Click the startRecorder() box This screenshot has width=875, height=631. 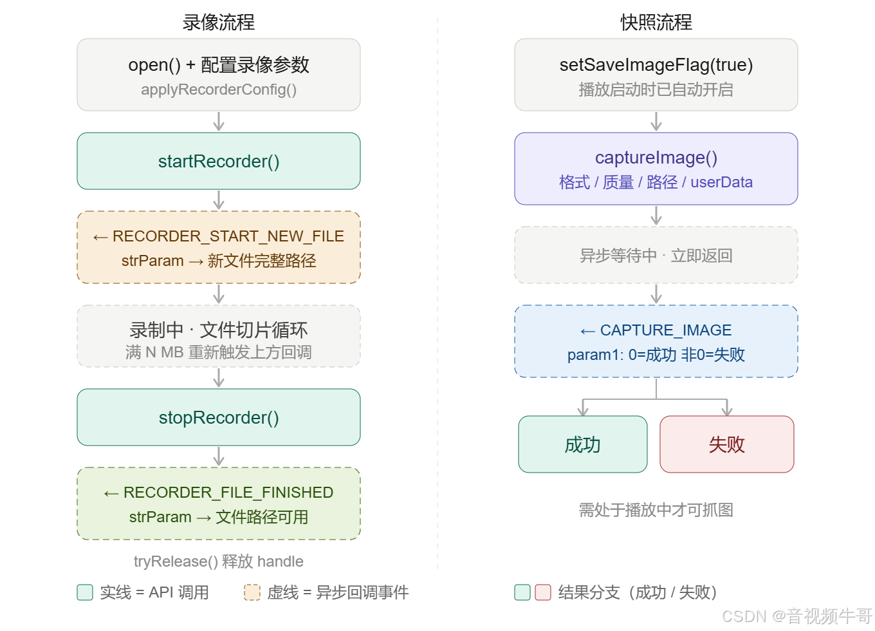219,161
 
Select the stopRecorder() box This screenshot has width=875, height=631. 219,417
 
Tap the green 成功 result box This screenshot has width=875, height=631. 582,444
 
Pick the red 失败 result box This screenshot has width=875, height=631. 727,444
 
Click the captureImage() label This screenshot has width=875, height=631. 656,158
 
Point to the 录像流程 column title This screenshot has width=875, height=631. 219,23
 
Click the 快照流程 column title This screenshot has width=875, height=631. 656,23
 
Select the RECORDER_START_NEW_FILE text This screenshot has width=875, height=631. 228,236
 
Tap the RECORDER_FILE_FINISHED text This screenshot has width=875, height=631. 228,493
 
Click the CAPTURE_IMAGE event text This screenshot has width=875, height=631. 665,330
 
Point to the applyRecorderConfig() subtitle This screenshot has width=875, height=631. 219,89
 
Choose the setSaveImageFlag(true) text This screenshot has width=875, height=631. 656,65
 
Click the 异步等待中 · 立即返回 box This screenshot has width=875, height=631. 656,256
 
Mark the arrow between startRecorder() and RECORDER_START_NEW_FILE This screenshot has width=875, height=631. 219,200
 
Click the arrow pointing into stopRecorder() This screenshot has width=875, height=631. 219,378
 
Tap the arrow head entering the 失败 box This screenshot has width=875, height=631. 727,410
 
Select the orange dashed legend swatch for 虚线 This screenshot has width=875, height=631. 252,592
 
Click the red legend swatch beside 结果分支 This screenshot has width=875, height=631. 543,592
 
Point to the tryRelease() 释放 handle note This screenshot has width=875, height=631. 219,561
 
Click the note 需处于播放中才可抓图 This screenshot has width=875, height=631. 656,510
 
